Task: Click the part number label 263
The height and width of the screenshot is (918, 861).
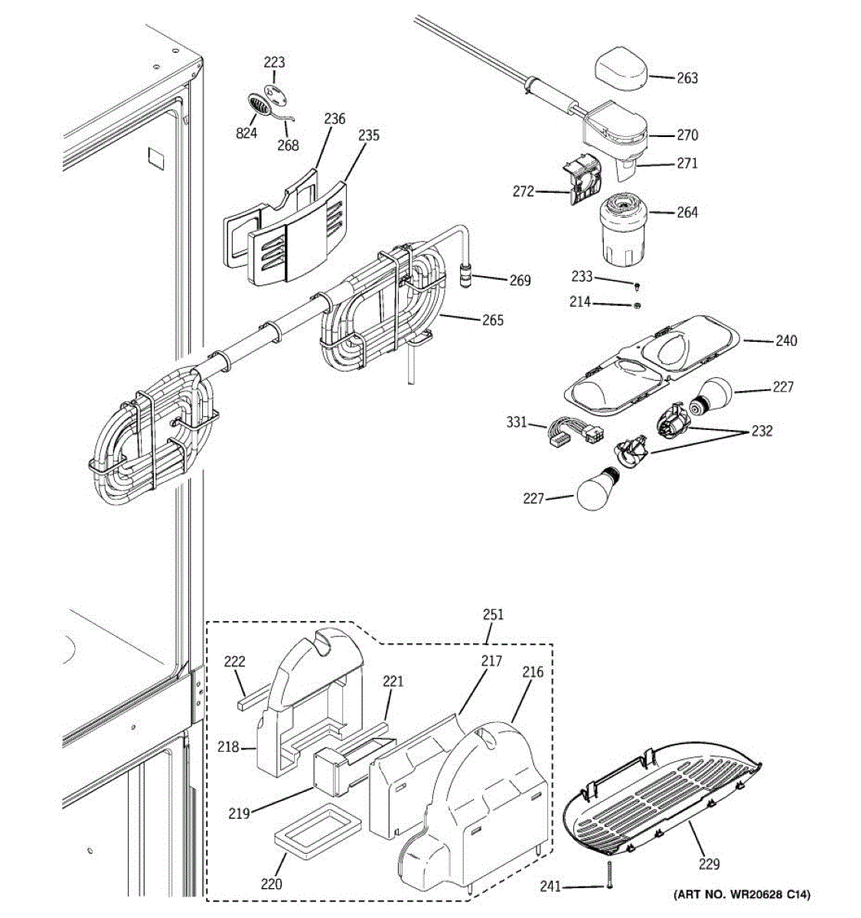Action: pyautogui.click(x=687, y=77)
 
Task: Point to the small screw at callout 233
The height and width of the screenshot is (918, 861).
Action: pyautogui.click(x=637, y=285)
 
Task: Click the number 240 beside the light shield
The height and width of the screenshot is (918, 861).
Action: pyautogui.click(x=786, y=340)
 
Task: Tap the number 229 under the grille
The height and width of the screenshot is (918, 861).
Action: pyautogui.click(x=709, y=864)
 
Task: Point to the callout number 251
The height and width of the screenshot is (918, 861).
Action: pyautogui.click(x=493, y=614)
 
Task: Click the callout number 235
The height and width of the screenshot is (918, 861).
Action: pyautogui.click(x=368, y=135)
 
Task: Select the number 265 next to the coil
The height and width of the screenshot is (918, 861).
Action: pyautogui.click(x=493, y=320)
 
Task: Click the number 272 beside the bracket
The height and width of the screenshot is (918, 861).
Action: pyautogui.click(x=523, y=192)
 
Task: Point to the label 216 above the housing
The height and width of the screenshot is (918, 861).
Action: pyautogui.click(x=533, y=672)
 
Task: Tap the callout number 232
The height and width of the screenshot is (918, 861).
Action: pyautogui.click(x=762, y=431)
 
